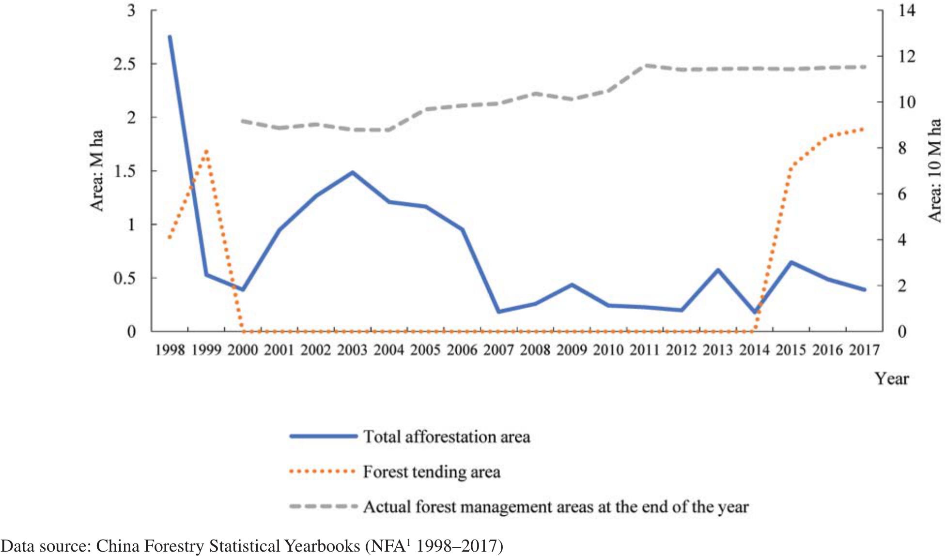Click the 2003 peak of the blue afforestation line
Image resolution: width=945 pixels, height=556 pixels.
click(x=353, y=172)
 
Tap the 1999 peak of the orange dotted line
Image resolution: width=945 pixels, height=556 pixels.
click(x=206, y=151)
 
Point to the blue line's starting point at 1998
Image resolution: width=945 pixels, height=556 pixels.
click(x=170, y=36)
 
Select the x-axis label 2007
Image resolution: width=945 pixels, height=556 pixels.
click(x=498, y=349)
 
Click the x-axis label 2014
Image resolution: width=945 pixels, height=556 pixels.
click(x=754, y=349)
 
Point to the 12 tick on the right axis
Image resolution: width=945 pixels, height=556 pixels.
click(x=907, y=56)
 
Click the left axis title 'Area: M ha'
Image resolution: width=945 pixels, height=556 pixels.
click(x=97, y=170)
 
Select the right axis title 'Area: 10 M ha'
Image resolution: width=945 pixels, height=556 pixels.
click(x=935, y=170)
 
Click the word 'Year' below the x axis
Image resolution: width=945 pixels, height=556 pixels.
click(x=891, y=378)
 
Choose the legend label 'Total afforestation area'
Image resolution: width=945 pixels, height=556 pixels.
click(x=447, y=436)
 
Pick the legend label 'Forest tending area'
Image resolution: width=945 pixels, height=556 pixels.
click(x=432, y=472)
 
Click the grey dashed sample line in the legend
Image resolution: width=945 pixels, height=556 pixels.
click(x=323, y=507)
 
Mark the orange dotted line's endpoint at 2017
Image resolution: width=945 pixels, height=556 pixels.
click(x=864, y=129)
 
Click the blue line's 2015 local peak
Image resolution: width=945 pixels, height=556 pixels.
click(x=791, y=262)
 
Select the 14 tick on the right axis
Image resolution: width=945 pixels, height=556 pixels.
click(x=907, y=10)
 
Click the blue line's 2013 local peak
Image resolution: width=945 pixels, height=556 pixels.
click(x=718, y=270)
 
